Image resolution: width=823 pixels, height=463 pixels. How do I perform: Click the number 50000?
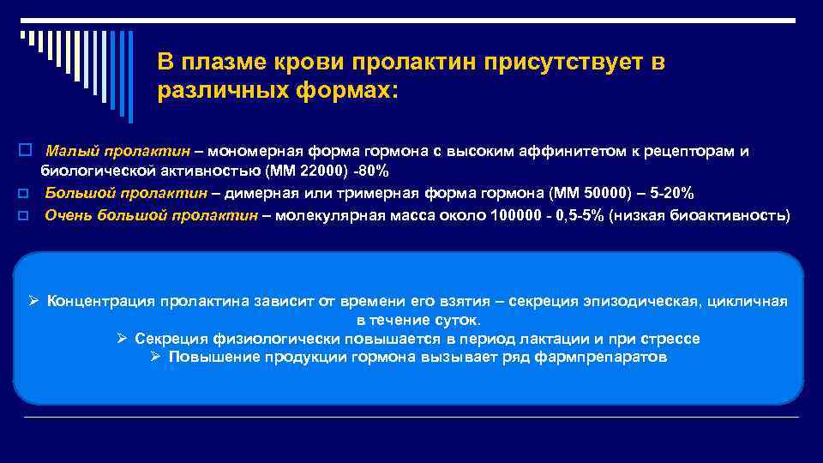613,192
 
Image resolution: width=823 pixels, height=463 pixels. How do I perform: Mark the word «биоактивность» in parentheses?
738,214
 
